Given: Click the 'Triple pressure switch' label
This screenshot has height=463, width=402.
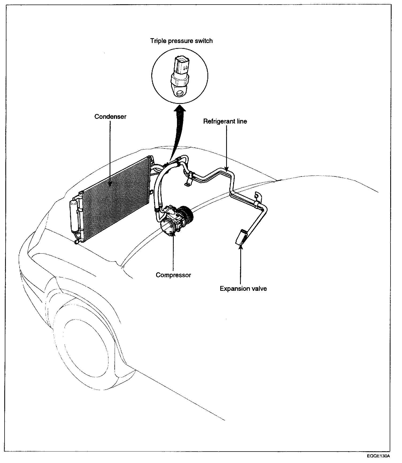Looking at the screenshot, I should [x=181, y=41].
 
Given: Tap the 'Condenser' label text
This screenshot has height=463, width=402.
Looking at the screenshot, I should [x=110, y=117].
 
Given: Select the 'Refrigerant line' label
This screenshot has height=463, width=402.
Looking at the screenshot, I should [x=225, y=121].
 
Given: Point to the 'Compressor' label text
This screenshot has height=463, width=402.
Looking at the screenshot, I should [x=173, y=275].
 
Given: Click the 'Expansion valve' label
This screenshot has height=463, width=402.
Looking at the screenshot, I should [x=243, y=288].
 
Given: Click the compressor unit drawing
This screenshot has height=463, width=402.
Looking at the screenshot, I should [x=174, y=220].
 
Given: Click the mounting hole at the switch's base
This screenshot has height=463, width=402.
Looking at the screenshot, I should [x=180, y=93].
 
